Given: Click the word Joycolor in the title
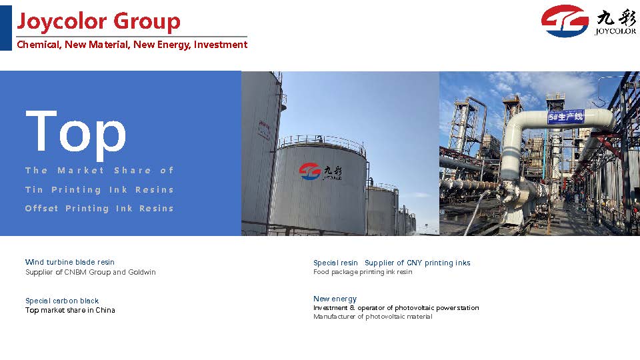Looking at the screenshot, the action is (x=61, y=21).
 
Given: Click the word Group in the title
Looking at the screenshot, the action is (x=147, y=21).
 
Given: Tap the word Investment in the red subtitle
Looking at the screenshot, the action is (x=221, y=45).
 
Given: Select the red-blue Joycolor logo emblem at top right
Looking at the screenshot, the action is (x=565, y=21).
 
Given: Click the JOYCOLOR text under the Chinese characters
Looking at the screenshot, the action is (x=615, y=31).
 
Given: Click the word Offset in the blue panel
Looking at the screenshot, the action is (x=41, y=209).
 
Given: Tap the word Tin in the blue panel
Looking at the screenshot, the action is (x=34, y=190).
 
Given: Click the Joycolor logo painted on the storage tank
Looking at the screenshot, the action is (x=321, y=171).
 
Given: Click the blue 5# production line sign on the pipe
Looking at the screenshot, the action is (x=566, y=117).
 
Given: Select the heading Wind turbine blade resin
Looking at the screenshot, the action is (x=70, y=262).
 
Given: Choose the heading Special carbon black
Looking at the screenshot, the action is (x=62, y=301).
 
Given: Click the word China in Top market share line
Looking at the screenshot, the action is (x=105, y=310).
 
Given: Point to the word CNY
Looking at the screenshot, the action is (x=414, y=263).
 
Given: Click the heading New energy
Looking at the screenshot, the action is (x=335, y=299).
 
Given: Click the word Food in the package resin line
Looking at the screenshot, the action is (x=321, y=272).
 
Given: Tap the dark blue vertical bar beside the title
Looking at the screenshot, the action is (x=6, y=28).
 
